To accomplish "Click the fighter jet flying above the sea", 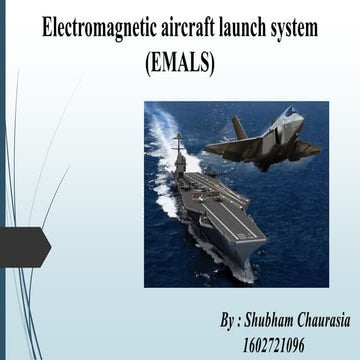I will point(263,140).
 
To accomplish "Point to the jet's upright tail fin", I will point(239,127).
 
